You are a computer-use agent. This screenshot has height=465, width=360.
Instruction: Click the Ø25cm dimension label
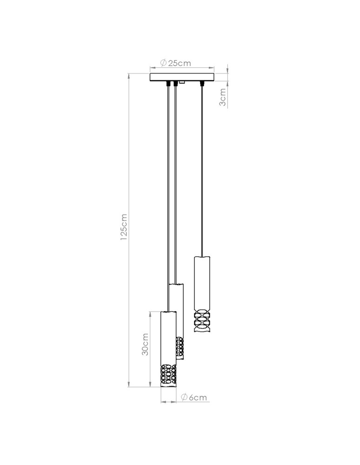point(175,63)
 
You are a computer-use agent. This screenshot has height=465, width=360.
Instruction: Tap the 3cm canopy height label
point(223,97)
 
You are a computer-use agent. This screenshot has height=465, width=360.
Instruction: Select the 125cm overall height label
point(123,228)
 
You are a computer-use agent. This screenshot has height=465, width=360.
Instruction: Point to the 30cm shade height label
point(145,345)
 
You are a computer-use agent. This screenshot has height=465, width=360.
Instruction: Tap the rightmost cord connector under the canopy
point(202,84)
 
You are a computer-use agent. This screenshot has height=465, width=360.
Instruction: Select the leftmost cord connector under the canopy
point(167,84)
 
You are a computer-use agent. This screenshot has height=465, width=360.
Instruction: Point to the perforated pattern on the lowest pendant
point(168,374)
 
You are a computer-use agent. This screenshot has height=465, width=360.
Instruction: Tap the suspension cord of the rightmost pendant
point(202,172)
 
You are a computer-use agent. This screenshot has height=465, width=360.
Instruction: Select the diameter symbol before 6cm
point(184,397)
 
